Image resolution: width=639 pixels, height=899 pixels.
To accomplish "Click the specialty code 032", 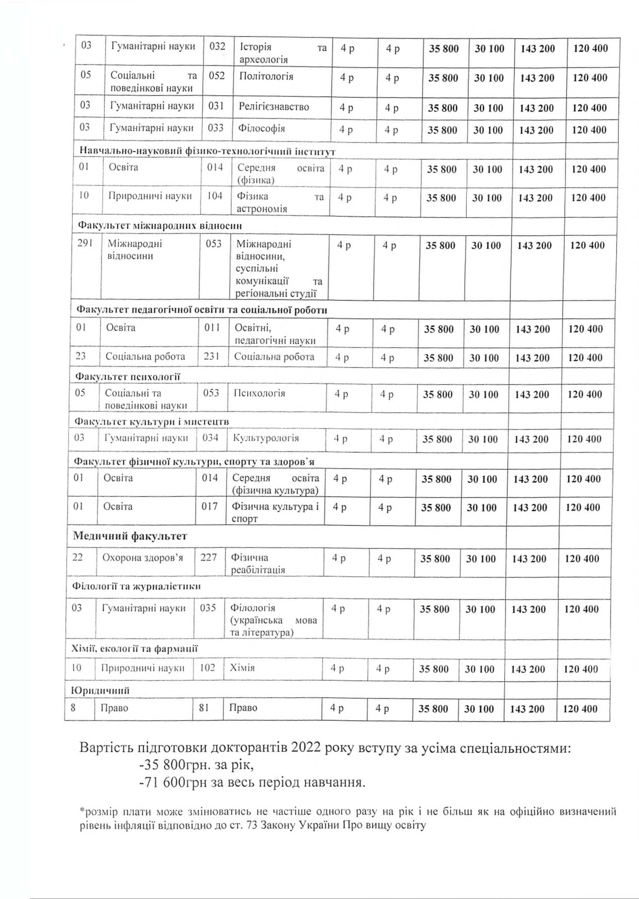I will pyautogui.click(x=217, y=47).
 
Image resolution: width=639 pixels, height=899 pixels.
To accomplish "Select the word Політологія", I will pyautogui.click(x=266, y=76).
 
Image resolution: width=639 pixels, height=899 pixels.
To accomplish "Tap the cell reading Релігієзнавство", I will pyautogui.click(x=274, y=107).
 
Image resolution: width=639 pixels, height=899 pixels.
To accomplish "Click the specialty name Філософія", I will pyautogui.click(x=261, y=129).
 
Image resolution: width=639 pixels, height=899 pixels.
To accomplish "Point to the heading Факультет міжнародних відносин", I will pyautogui.click(x=160, y=226).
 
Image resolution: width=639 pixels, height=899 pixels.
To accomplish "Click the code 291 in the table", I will pyautogui.click(x=85, y=244).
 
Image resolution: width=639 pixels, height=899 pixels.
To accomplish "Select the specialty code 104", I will pyautogui.click(x=215, y=196).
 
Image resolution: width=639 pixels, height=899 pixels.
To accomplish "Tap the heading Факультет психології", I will pyautogui.click(x=128, y=377).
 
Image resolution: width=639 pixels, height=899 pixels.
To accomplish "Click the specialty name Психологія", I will pyautogui.click(x=259, y=393).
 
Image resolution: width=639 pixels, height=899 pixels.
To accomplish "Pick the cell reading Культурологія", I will pyautogui.click(x=266, y=438).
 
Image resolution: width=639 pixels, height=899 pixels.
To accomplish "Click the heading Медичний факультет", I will pyautogui.click(x=130, y=536).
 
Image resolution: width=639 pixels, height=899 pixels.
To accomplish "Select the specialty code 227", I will pyautogui.click(x=209, y=558).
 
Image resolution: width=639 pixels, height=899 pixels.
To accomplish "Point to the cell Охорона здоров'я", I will pyautogui.click(x=143, y=558).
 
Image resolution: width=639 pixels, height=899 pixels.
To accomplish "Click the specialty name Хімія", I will pyautogui.click(x=242, y=668).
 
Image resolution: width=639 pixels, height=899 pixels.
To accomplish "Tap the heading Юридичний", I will pyautogui.click(x=100, y=691).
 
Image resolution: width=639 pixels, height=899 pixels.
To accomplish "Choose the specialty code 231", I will pyautogui.click(x=211, y=357).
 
